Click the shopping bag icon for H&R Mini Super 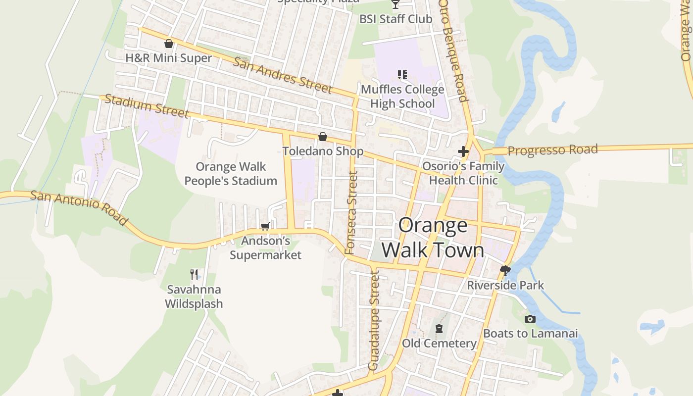(169, 44)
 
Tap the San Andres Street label (282, 75)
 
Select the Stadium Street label (147, 106)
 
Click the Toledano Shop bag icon (323, 137)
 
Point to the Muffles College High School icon (402, 75)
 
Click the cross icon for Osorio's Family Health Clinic (463, 151)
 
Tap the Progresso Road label (552, 150)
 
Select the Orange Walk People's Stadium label (231, 174)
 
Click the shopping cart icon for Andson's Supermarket (265, 226)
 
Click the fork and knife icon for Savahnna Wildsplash (194, 274)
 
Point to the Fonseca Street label (351, 213)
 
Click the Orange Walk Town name (433, 238)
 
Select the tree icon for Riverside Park (505, 270)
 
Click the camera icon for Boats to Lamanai (530, 319)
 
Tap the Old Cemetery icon (439, 329)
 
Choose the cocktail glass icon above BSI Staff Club (395, 4)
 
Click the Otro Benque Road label (453, 49)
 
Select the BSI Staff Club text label (396, 19)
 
